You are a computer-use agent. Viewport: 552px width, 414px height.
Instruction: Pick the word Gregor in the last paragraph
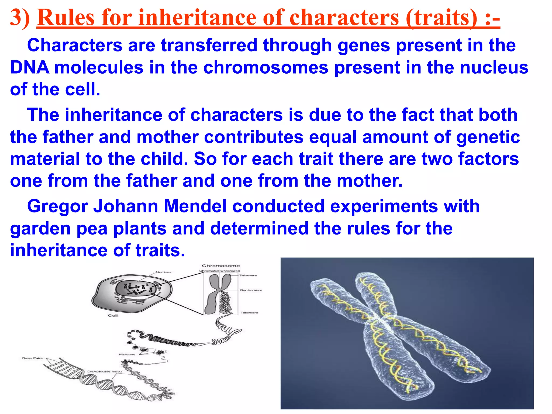pos(57,206)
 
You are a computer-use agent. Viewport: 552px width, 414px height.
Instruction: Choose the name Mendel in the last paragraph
pos(195,206)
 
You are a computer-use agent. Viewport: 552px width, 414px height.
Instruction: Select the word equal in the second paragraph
pos(333,137)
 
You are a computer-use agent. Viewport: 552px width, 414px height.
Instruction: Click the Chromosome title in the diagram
pos(221,266)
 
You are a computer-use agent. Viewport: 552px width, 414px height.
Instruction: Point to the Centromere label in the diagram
pos(251,290)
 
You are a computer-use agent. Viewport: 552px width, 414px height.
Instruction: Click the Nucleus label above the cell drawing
pos(164,272)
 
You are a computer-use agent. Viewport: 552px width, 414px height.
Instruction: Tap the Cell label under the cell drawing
pos(113,316)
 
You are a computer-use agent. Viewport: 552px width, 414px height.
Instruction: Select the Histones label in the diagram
pos(127,354)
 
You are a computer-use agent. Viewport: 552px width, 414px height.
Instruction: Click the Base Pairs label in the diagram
pos(32,358)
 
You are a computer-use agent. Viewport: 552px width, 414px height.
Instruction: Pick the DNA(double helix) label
pos(105,372)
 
